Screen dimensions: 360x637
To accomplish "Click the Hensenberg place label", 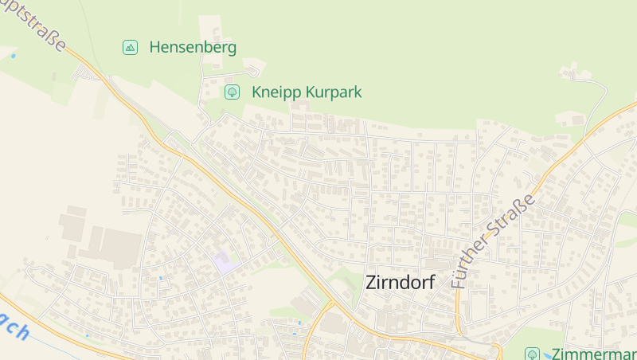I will click(x=193, y=47).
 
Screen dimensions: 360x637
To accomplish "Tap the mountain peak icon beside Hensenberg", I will click(x=130, y=47).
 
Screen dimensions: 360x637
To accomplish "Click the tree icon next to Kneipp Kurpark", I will click(x=232, y=92).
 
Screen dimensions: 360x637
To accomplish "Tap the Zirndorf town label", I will click(x=401, y=281).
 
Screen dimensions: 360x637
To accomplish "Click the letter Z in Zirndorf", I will click(x=372, y=281).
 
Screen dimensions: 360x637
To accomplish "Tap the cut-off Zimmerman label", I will click(x=593, y=354).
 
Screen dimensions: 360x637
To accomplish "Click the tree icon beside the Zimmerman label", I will click(x=533, y=354).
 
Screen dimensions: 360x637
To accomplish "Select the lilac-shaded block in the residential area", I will click(x=225, y=263).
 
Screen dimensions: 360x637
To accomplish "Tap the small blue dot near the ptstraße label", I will click(x=13, y=56).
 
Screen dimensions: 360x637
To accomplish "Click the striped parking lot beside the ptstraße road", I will click(x=83, y=74).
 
